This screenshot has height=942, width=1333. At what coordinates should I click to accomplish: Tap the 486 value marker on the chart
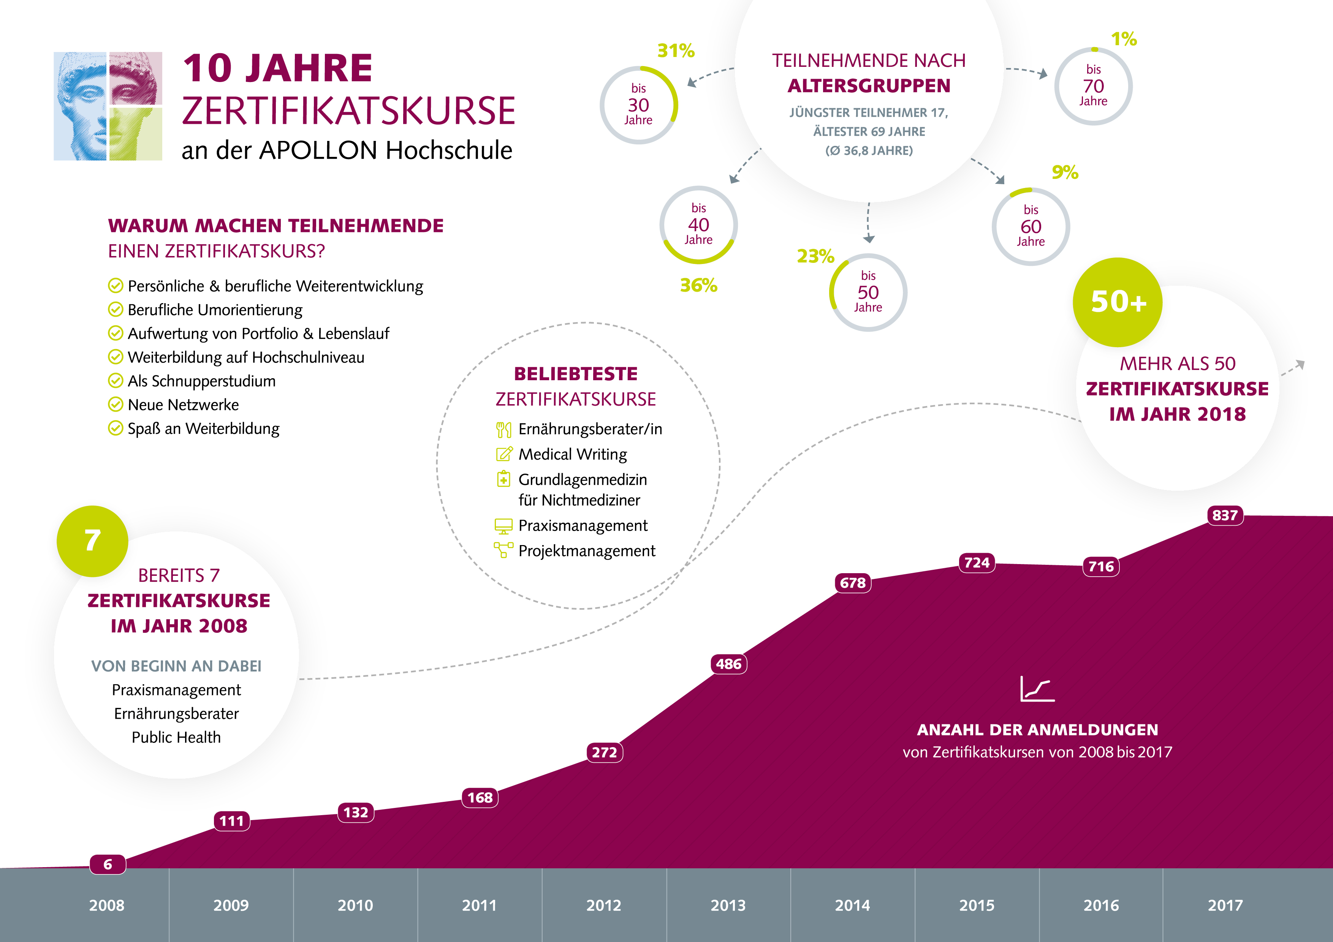click(728, 664)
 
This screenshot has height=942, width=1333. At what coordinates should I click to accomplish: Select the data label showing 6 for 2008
click(108, 864)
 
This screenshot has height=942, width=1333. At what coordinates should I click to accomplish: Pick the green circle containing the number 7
click(92, 541)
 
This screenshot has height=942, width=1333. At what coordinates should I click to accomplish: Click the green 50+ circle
click(1118, 302)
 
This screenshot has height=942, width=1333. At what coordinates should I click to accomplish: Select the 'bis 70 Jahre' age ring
click(1093, 86)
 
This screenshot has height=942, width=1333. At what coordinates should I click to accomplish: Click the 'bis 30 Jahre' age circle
click(639, 105)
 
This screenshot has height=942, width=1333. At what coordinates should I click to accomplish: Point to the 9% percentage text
click(1065, 172)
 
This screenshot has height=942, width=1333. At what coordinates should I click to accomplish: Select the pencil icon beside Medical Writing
click(504, 454)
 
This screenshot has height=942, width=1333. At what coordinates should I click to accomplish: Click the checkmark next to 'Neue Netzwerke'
click(116, 405)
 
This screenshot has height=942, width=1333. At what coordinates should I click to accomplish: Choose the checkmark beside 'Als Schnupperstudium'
click(116, 381)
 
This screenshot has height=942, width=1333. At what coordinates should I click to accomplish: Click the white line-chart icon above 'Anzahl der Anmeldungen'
click(1037, 689)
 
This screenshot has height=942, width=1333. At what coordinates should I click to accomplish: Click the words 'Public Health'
click(176, 737)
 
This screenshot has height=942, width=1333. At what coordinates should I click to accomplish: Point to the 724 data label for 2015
click(977, 563)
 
